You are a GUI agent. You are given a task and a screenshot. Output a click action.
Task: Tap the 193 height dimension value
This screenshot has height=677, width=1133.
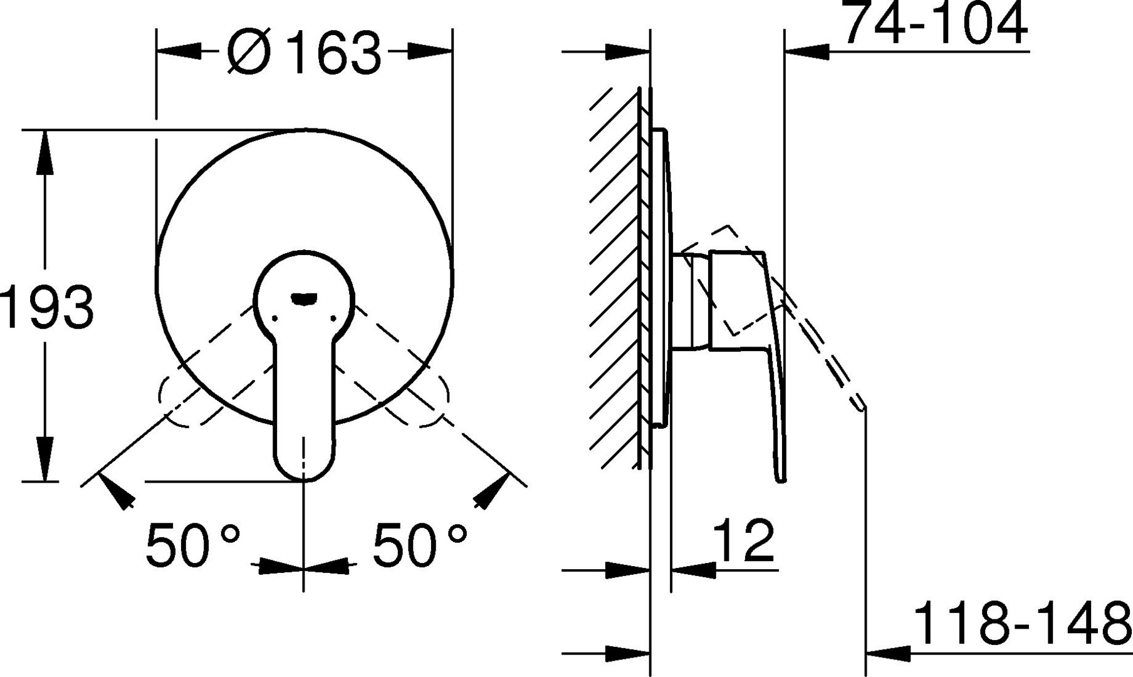pos(48,307)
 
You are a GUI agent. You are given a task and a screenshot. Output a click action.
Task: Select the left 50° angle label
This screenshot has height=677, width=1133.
pos(193,544)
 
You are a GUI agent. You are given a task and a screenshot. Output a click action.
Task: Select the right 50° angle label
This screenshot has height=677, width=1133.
pos(420,544)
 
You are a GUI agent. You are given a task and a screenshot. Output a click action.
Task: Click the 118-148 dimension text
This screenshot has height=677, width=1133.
pos(1023,623)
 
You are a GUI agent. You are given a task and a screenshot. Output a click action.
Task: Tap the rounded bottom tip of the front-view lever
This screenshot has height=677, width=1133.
pos(304,480)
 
